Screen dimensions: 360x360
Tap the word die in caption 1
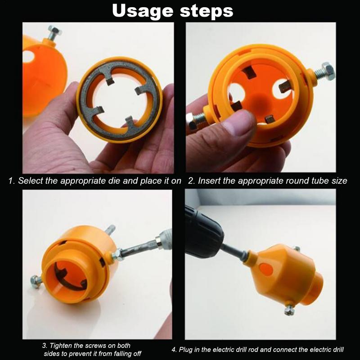114,181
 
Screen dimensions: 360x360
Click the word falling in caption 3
118,354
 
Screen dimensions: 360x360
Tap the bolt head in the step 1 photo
54,30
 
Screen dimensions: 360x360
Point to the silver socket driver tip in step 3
164,239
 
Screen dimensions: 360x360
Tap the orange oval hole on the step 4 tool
266,269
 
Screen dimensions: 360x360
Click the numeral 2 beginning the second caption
191,181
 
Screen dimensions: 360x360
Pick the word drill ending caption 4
337,350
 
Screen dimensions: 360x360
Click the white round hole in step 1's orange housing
28,56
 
